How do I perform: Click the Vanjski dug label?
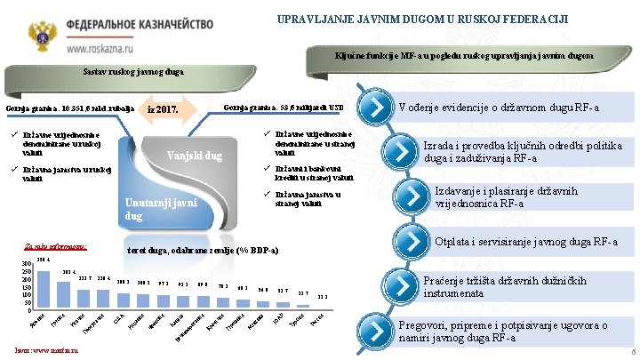tap(194, 157)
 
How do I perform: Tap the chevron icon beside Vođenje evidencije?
tap(376, 108)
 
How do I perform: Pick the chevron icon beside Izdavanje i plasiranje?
tap(408, 196)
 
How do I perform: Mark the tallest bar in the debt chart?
tap(38, 287)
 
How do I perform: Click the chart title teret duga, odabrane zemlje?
tap(204, 251)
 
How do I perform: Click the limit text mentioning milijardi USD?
tap(284, 107)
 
